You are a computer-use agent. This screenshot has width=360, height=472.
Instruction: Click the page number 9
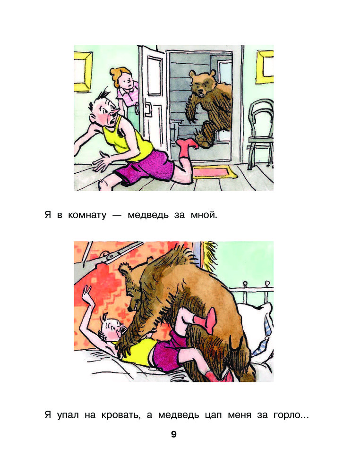point(173,434)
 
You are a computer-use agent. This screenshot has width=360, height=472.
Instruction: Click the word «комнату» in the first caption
point(87,215)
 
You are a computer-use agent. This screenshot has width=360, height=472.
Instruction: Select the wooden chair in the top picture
point(261,133)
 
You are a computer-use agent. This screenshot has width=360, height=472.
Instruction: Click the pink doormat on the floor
point(213,172)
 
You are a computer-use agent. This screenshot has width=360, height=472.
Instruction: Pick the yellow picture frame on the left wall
point(83,68)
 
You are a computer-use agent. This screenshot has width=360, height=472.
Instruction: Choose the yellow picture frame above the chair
point(265,67)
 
